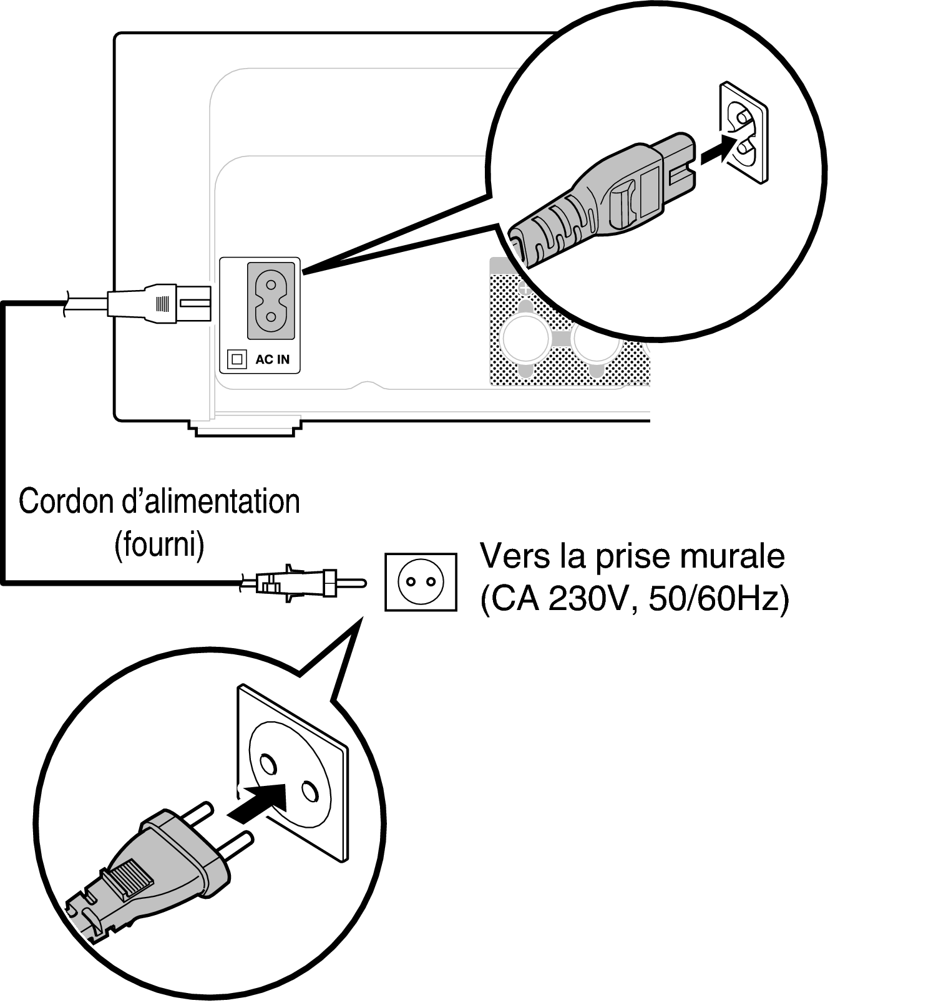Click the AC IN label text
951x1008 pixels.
click(273, 360)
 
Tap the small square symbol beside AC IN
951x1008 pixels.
click(237, 359)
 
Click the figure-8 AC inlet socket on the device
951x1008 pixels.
click(271, 299)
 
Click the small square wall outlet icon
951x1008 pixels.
click(420, 582)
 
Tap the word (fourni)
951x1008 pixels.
click(159, 545)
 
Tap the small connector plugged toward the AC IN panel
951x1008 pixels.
click(160, 304)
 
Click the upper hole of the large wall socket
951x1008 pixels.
click(266, 764)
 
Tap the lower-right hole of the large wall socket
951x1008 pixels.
click(308, 791)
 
